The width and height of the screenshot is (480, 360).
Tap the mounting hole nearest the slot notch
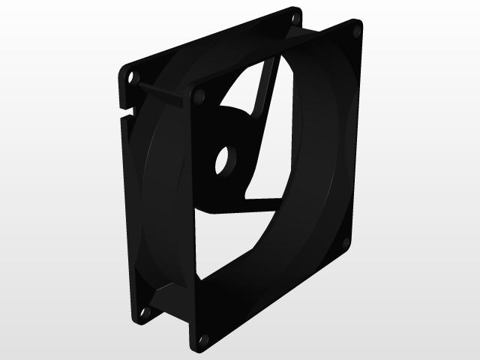[133, 76]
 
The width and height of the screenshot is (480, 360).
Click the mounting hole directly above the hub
[199, 96]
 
